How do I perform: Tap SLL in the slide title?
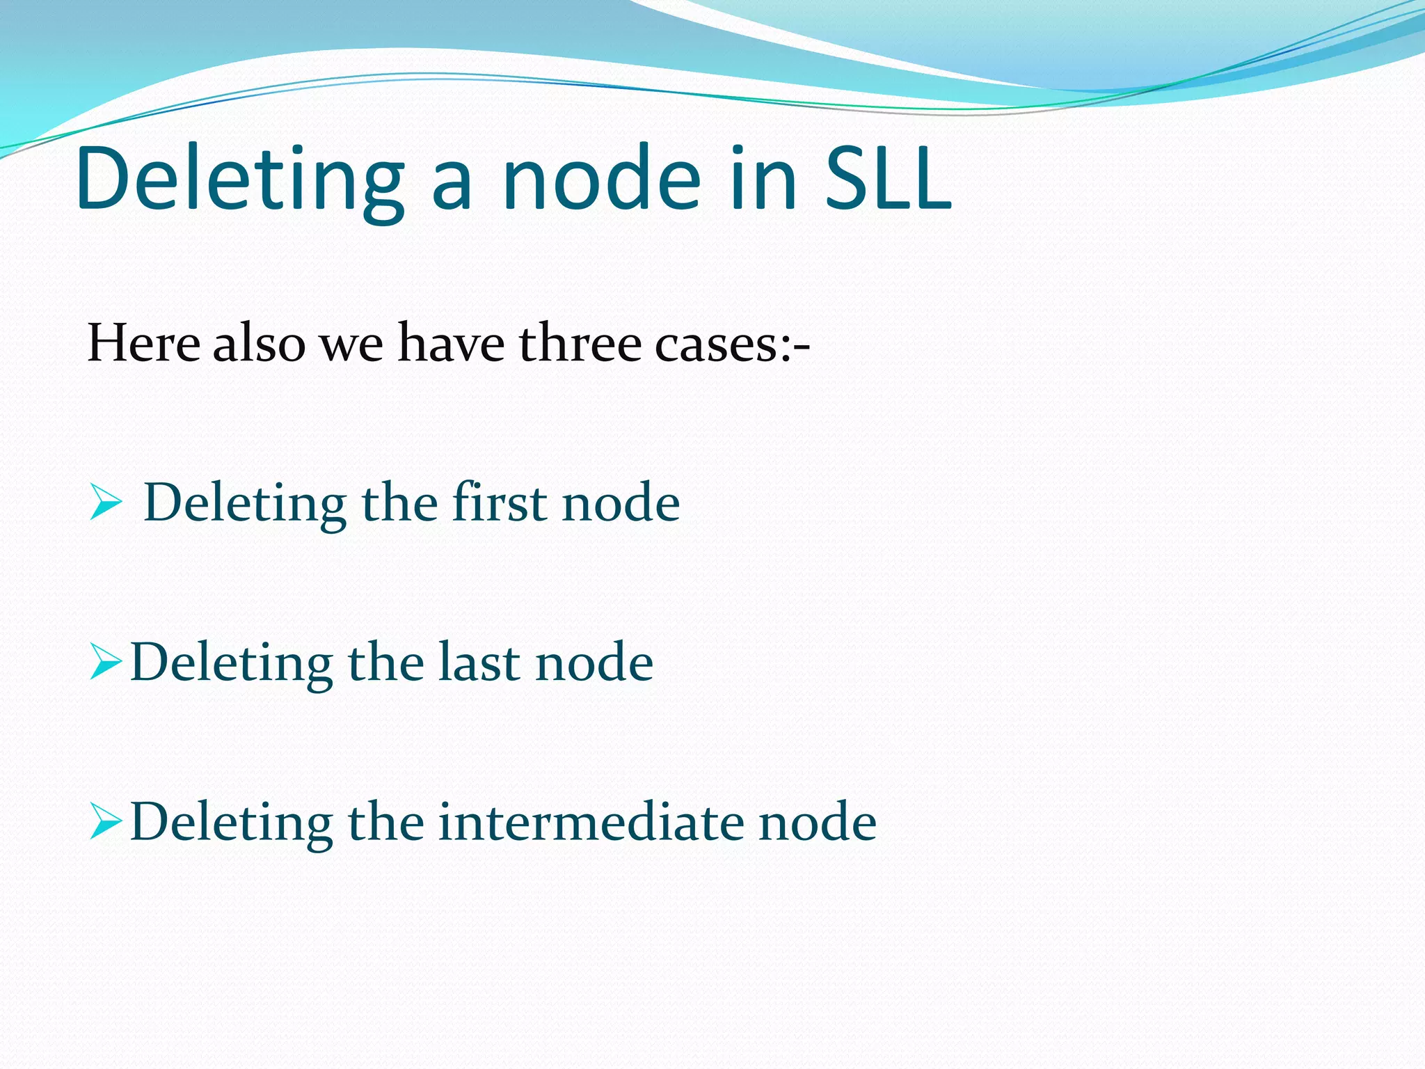[889, 179]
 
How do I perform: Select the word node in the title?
[602, 179]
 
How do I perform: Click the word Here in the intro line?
[143, 343]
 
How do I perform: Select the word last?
[480, 662]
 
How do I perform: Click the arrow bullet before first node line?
[106, 503]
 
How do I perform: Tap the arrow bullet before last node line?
[106, 662]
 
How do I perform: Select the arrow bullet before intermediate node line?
[106, 822]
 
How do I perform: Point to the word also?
[259, 343]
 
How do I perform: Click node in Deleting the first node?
[621, 503]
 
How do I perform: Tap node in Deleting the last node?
[594, 663]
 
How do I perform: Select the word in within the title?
[763, 179]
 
